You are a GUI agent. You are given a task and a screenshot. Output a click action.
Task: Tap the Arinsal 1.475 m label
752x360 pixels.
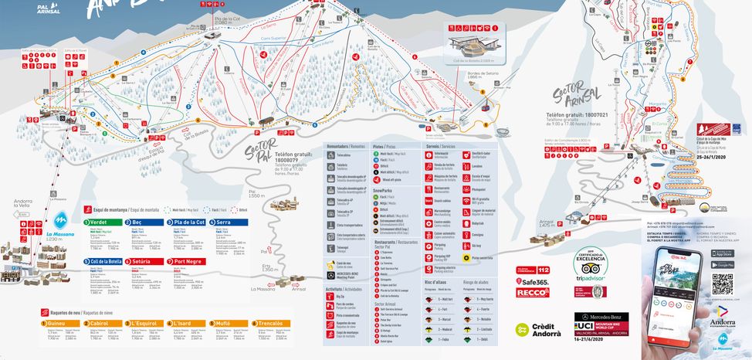[546, 223]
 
